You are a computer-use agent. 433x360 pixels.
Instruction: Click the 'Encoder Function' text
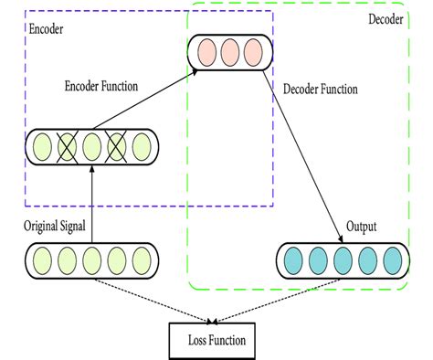pyautogui.click(x=100, y=87)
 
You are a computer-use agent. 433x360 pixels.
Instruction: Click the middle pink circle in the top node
pyautogui.click(x=229, y=51)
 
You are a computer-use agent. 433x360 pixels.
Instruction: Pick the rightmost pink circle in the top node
pyautogui.click(x=252, y=51)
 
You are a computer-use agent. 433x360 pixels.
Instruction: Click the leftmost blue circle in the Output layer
pyautogui.click(x=292, y=260)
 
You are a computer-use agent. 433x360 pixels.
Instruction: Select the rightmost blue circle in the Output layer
pyautogui.click(x=394, y=260)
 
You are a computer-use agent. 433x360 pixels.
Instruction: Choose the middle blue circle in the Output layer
pyautogui.click(x=343, y=260)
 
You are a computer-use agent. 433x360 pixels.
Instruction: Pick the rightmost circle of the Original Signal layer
pyautogui.click(x=142, y=259)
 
